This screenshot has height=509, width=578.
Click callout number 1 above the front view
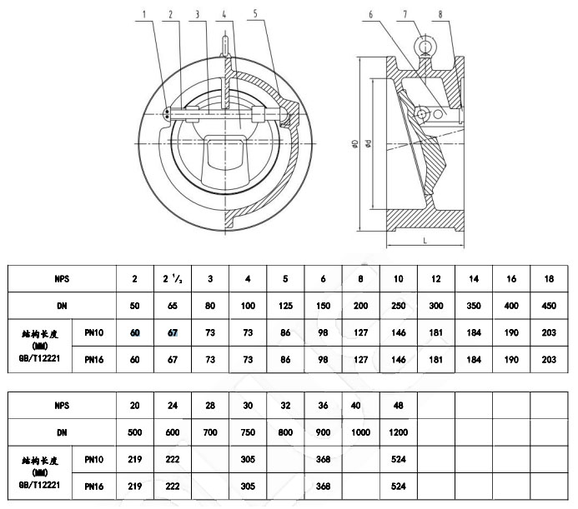[144, 14]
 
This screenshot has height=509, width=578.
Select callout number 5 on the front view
[255, 14]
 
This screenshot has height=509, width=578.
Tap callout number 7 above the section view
[405, 14]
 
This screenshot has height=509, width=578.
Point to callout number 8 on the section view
[440, 14]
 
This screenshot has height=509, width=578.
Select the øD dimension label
[354, 147]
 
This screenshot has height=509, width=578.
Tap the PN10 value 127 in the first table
[361, 332]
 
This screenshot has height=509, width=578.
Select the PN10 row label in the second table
[94, 460]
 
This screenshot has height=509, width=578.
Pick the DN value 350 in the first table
[474, 305]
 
